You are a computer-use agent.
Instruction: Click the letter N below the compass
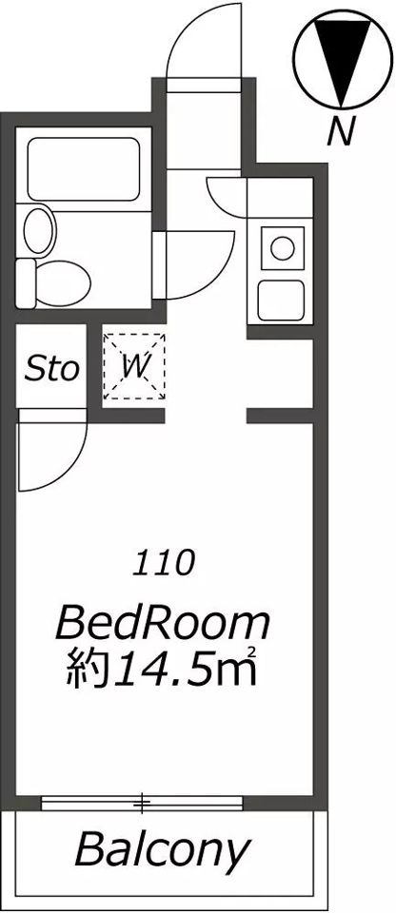[341, 131]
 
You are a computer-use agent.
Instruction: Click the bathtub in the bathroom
[84, 169]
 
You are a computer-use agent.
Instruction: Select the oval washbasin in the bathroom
[39, 230]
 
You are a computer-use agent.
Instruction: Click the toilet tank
[26, 283]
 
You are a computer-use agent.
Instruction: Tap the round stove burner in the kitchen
[283, 248]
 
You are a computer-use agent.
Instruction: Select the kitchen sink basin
[281, 300]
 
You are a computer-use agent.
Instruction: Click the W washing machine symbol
[133, 366]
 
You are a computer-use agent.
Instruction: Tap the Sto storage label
[51, 370]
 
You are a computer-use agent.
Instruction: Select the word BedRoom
[163, 625]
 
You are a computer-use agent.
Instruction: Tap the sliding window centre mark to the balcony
[142, 804]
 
